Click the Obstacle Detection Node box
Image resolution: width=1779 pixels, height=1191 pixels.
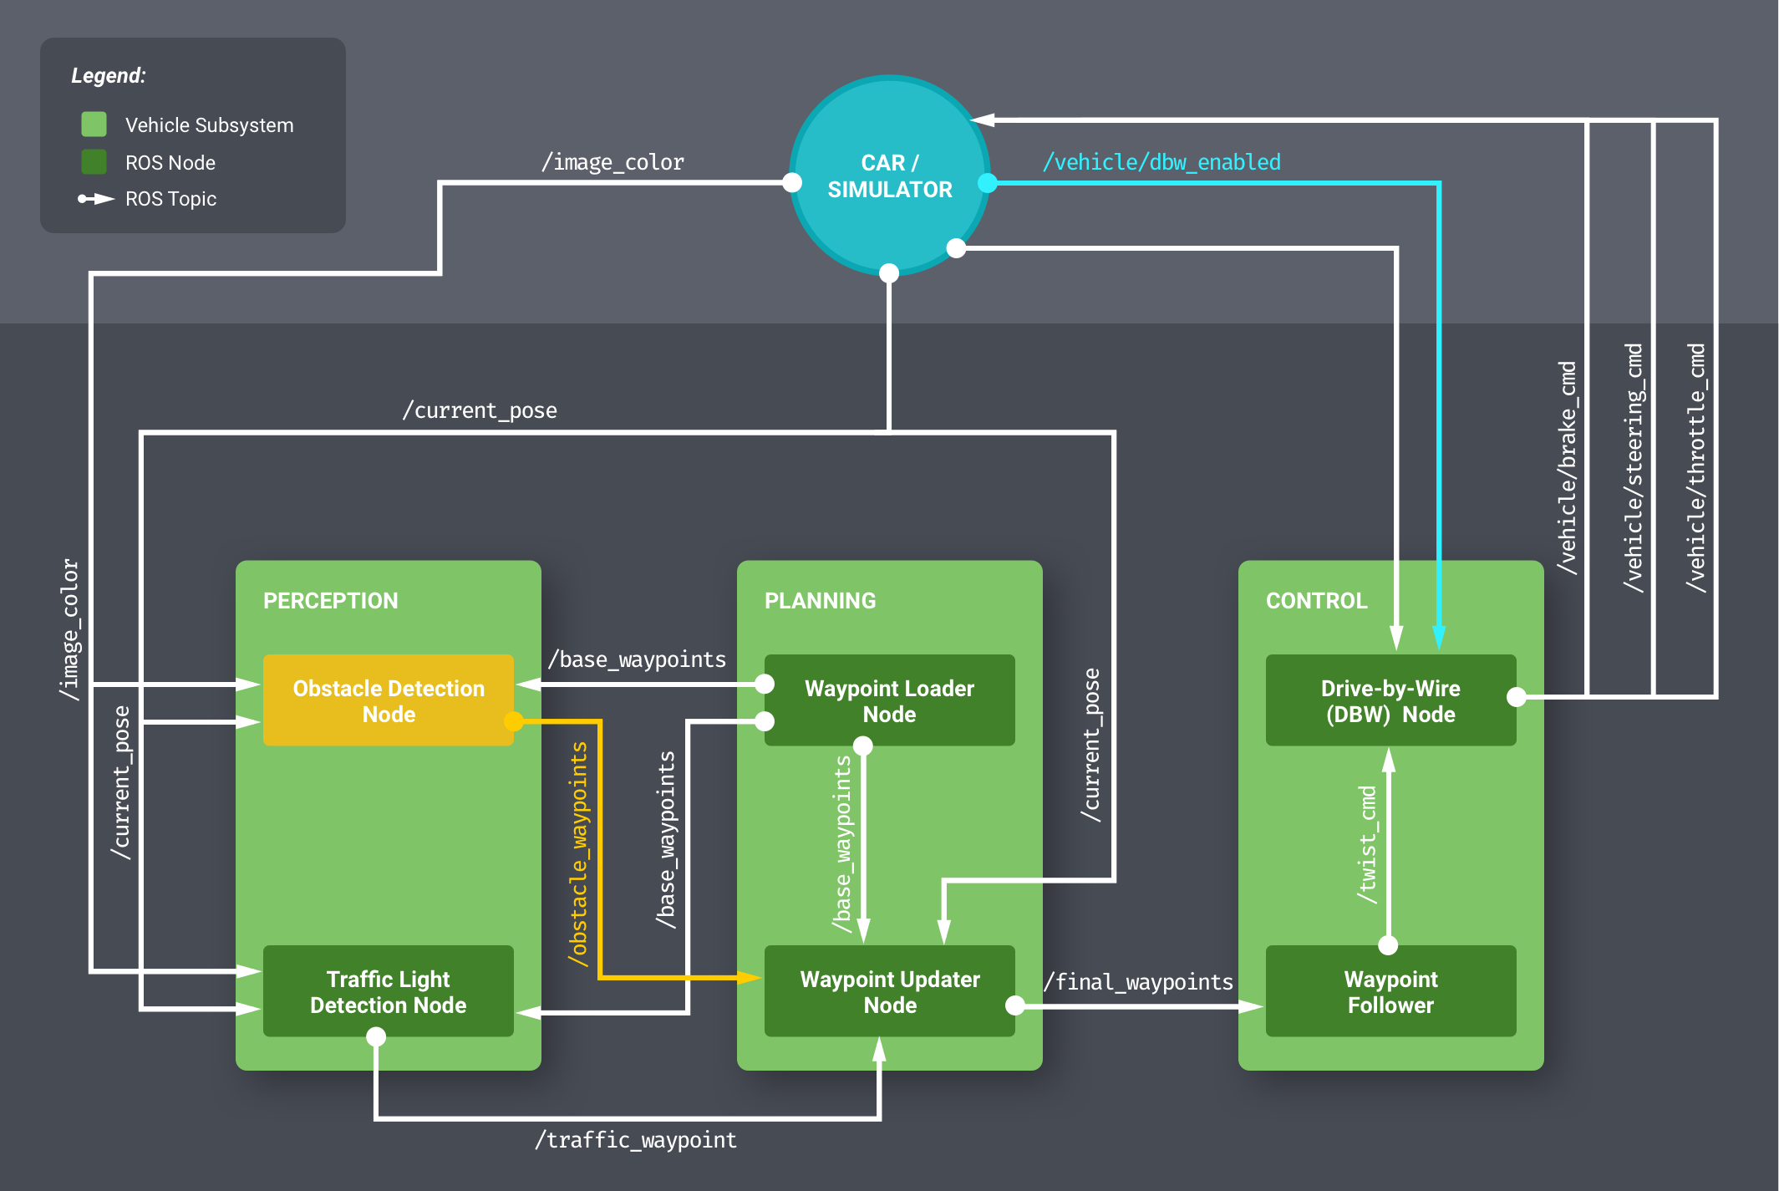(388, 700)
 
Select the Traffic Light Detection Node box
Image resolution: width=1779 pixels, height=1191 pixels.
(388, 991)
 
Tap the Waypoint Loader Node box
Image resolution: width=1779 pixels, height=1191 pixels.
(889, 700)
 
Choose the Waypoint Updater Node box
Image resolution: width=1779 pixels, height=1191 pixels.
(889, 991)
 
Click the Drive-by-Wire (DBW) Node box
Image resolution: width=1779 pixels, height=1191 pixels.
(1390, 700)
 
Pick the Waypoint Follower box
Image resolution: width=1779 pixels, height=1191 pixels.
(1390, 991)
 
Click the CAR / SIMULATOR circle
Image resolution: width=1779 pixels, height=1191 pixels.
(889, 176)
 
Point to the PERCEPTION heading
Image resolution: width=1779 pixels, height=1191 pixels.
(330, 600)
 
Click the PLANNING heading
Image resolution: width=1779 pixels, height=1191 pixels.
(820, 600)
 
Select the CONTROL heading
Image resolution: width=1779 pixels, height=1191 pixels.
(1316, 600)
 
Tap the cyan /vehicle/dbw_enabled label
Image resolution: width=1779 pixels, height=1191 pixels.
(1161, 161)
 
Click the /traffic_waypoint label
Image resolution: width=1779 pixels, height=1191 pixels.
(635, 1140)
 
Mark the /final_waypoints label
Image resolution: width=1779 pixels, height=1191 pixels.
(1138, 981)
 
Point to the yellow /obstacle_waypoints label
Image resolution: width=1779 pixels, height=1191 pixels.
(578, 854)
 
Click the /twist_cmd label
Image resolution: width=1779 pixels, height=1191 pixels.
(1367, 844)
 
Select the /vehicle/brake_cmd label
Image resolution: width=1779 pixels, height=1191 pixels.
(1568, 468)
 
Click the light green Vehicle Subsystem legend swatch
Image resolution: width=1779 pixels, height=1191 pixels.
(94, 125)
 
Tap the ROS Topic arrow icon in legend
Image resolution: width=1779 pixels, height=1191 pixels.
(95, 199)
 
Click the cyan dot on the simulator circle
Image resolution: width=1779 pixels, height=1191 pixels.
(988, 182)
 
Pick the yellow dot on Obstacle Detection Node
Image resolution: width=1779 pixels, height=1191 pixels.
(514, 720)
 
